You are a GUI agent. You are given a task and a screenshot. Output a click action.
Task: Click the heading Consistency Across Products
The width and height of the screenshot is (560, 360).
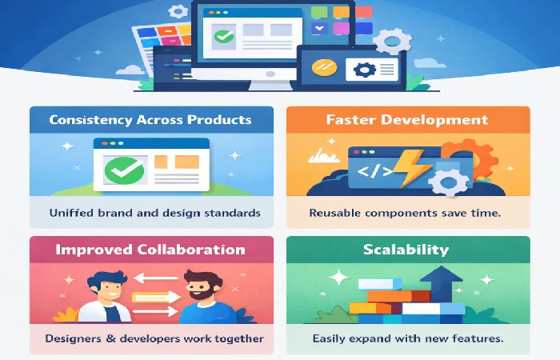pyautogui.click(x=150, y=120)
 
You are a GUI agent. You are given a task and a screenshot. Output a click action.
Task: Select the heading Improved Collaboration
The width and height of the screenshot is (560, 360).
pyautogui.click(x=150, y=250)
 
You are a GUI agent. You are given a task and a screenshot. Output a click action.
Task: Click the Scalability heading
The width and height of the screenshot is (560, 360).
pyautogui.click(x=406, y=250)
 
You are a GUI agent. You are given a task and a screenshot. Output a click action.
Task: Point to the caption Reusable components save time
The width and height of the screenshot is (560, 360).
pyautogui.click(x=406, y=214)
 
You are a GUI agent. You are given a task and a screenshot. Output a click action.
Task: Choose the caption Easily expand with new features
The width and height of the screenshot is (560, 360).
pyautogui.click(x=406, y=338)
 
